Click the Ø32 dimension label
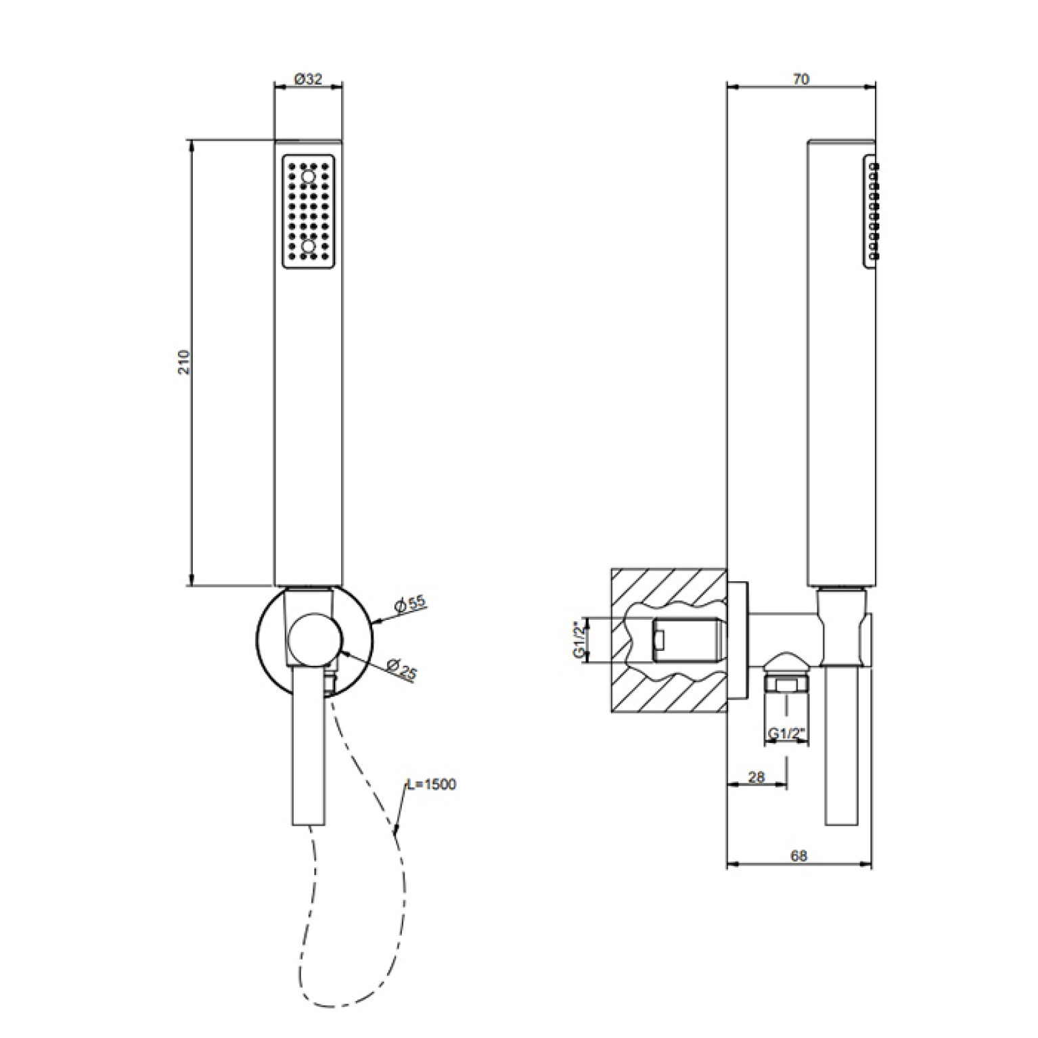308,79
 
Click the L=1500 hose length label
432,784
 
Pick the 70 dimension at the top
800,79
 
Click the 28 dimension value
757,777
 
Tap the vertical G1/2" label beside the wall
579,639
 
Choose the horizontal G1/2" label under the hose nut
786,734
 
